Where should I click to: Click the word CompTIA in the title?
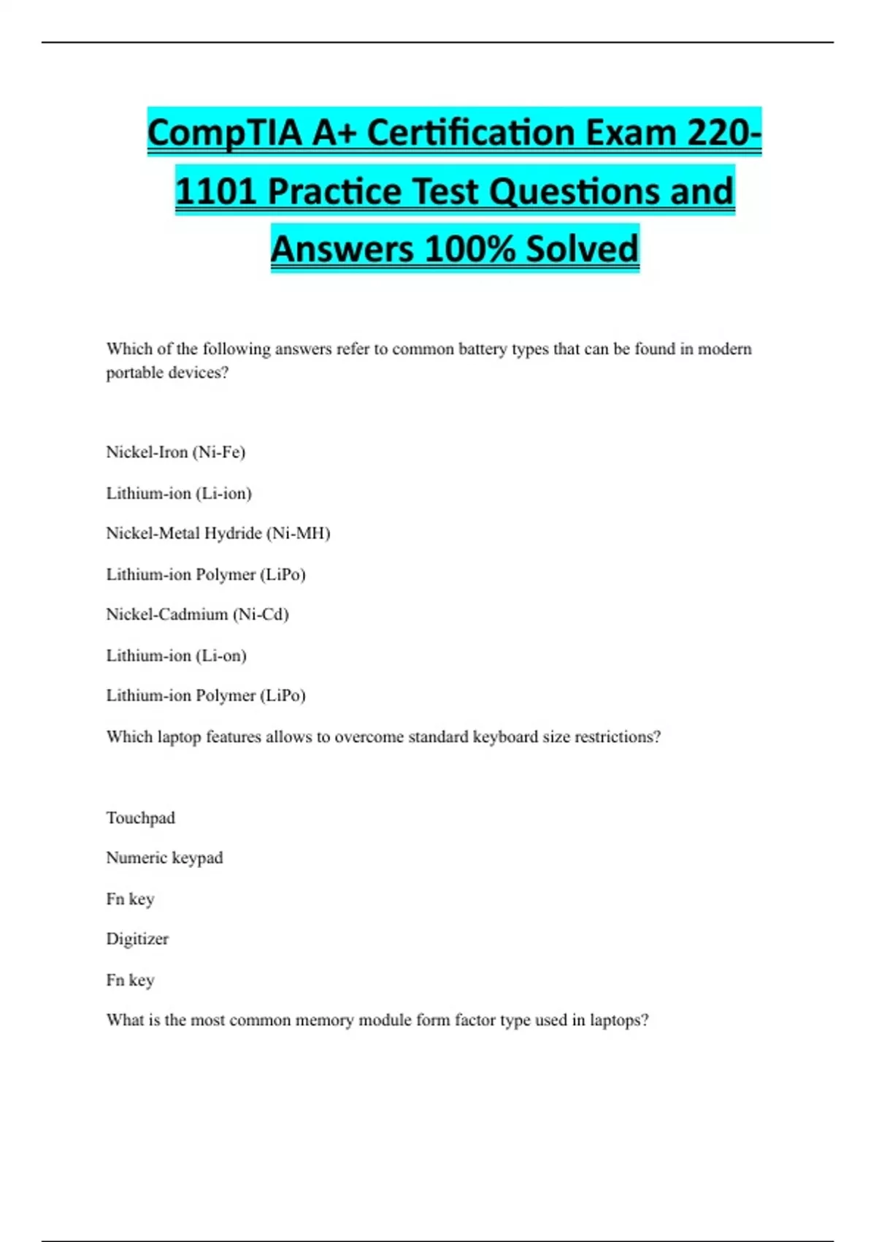pos(224,134)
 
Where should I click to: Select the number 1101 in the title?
pos(216,191)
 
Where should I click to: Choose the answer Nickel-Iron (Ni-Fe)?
pos(175,452)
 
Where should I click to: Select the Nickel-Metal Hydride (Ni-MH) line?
pos(218,533)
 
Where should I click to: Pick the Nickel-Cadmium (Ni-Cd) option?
pos(197,614)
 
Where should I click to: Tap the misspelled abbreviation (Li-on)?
pos(221,655)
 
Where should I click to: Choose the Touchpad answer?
pos(140,818)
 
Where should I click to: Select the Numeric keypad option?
pos(164,858)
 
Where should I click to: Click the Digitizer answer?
pos(137,939)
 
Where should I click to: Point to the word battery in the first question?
pos(483,349)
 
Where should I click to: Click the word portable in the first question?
pos(134,373)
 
